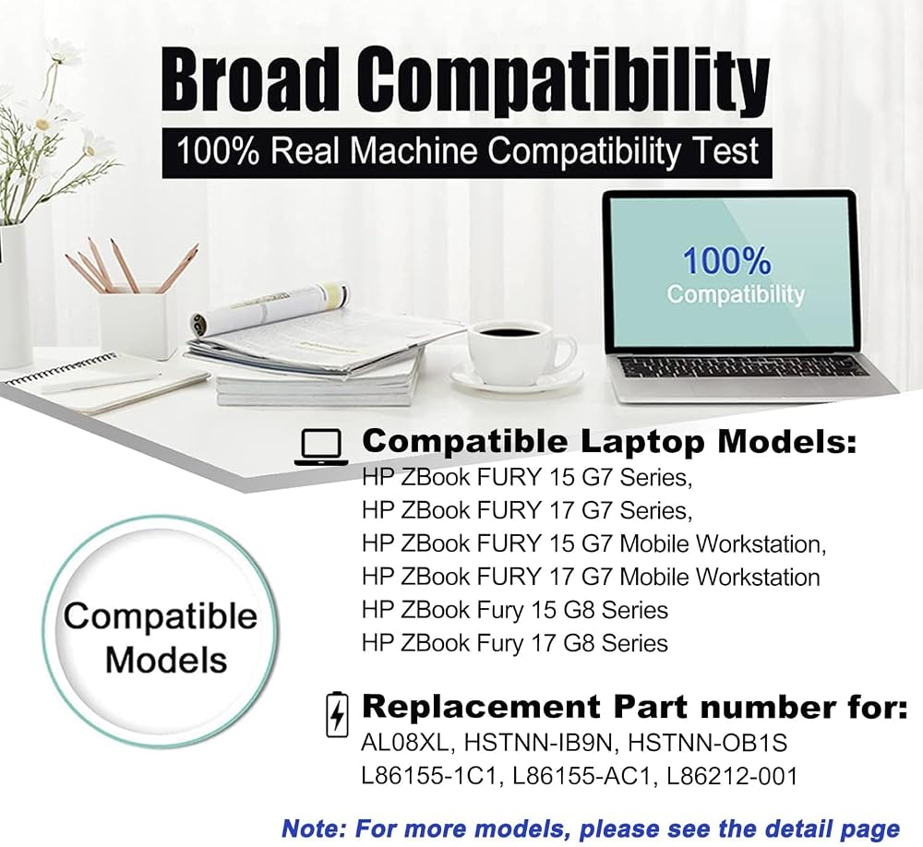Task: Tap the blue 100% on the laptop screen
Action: pos(726,260)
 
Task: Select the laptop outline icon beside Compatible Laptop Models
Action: pos(321,447)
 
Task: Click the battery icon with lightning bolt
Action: pos(337,714)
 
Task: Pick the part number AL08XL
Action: pos(406,743)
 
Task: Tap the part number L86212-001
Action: pos(732,776)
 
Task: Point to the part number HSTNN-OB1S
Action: pos(707,743)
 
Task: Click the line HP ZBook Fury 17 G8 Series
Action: pos(515,643)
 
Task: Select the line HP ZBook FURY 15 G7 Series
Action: pos(527,477)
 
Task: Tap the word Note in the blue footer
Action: pos(313,829)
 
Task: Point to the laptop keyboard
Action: pos(743,366)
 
